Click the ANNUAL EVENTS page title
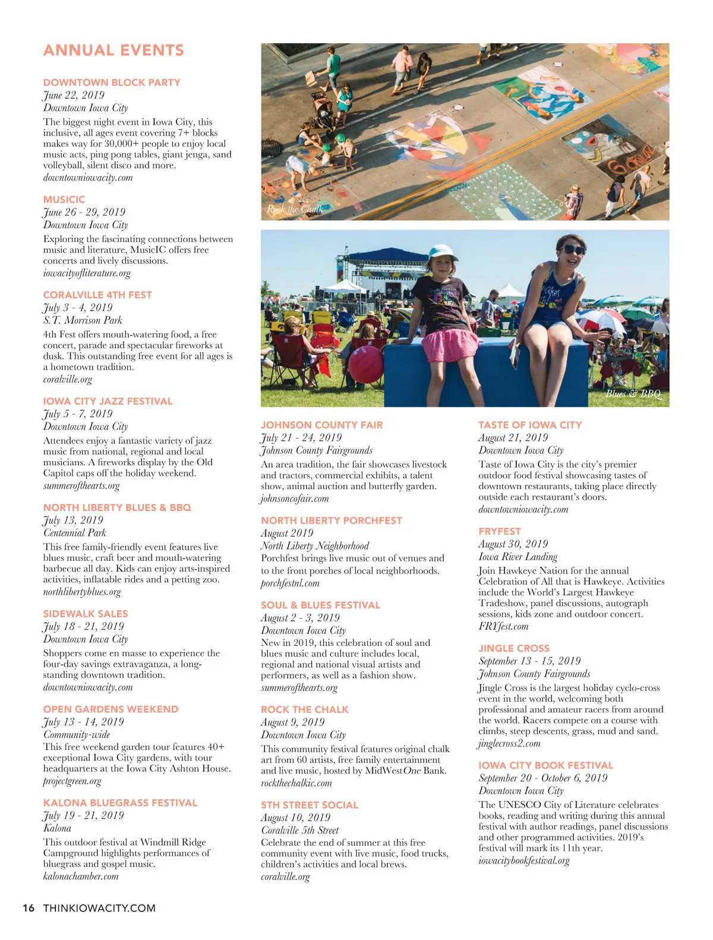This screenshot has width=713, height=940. [x=113, y=51]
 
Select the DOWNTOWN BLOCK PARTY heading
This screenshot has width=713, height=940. [x=112, y=83]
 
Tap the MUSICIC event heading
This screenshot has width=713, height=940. [x=64, y=200]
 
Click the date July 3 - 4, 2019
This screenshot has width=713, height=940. [x=78, y=307]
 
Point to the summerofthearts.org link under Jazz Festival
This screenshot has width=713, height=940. [x=81, y=485]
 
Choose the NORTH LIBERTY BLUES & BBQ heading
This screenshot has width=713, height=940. [x=117, y=507]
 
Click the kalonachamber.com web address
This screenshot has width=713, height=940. [x=81, y=876]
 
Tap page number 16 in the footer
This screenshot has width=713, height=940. [x=29, y=908]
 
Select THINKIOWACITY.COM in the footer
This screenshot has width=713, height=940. [x=99, y=908]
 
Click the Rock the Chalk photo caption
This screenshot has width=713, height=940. [x=295, y=209]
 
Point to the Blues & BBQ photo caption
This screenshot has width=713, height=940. [x=633, y=393]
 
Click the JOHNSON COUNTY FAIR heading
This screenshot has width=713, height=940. [x=321, y=425]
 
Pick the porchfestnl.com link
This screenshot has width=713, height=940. [x=290, y=583]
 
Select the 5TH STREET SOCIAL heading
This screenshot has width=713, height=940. [x=310, y=805]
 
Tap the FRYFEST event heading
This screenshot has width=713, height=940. [x=499, y=531]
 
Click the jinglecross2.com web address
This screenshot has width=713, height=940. [x=509, y=743]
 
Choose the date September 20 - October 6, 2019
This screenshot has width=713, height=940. [x=543, y=778]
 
